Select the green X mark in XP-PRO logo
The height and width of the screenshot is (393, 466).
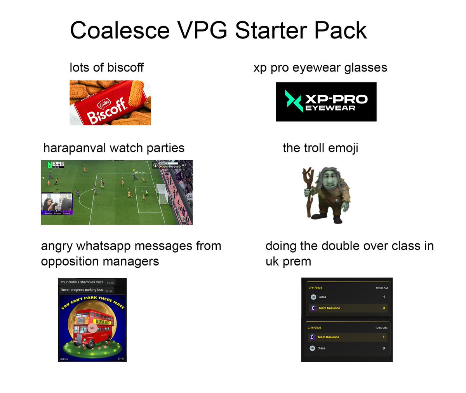[x=294, y=101]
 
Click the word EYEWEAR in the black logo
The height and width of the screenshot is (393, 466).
[x=330, y=108]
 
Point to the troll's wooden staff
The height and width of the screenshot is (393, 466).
[x=309, y=190]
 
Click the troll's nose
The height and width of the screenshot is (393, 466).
[x=326, y=182]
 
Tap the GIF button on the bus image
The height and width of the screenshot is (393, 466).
[x=92, y=328]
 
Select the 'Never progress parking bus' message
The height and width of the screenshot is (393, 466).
[x=82, y=290]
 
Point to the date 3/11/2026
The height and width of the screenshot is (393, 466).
[x=315, y=288]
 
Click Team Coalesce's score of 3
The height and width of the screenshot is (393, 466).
[x=384, y=308]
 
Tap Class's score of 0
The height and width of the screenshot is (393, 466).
[x=384, y=348]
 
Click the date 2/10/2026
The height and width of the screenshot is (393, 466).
[x=315, y=328]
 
